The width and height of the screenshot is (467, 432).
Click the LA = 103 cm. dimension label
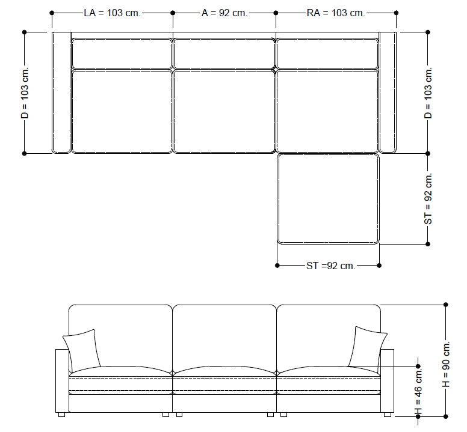(x=112, y=13)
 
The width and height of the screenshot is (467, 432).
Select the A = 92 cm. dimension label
(x=224, y=13)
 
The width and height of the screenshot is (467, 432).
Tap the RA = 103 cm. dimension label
(x=336, y=13)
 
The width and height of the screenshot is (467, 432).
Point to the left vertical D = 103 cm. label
(x=25, y=93)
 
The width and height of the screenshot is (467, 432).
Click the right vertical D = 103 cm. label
(x=428, y=93)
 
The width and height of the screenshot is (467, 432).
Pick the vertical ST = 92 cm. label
(x=428, y=199)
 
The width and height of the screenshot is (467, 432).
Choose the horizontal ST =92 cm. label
(x=331, y=266)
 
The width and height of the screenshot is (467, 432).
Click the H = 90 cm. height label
(x=446, y=365)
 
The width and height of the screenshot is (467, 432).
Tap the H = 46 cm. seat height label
(x=418, y=391)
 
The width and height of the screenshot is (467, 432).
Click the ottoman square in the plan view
(x=329, y=199)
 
